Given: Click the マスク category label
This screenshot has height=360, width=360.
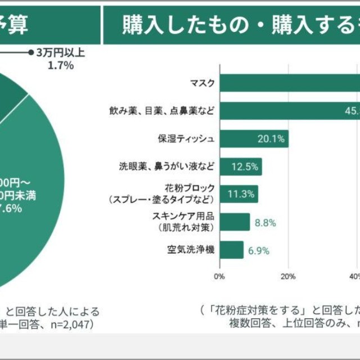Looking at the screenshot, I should [203, 83].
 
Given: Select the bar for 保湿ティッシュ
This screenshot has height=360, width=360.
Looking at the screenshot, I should [254, 139].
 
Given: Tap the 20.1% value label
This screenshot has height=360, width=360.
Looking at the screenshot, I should [271, 139].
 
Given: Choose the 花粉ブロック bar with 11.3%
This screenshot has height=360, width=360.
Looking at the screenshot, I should [238, 194].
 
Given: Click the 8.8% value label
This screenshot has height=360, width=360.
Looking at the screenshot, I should [265, 222].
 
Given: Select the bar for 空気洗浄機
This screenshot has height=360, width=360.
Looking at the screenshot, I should [231, 250].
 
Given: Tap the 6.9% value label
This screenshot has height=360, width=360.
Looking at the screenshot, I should [259, 250].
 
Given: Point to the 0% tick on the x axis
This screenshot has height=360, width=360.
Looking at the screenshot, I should [219, 276].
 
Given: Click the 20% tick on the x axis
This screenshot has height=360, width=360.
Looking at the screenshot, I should [288, 276].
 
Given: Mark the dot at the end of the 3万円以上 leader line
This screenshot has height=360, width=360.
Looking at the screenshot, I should [31, 53].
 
